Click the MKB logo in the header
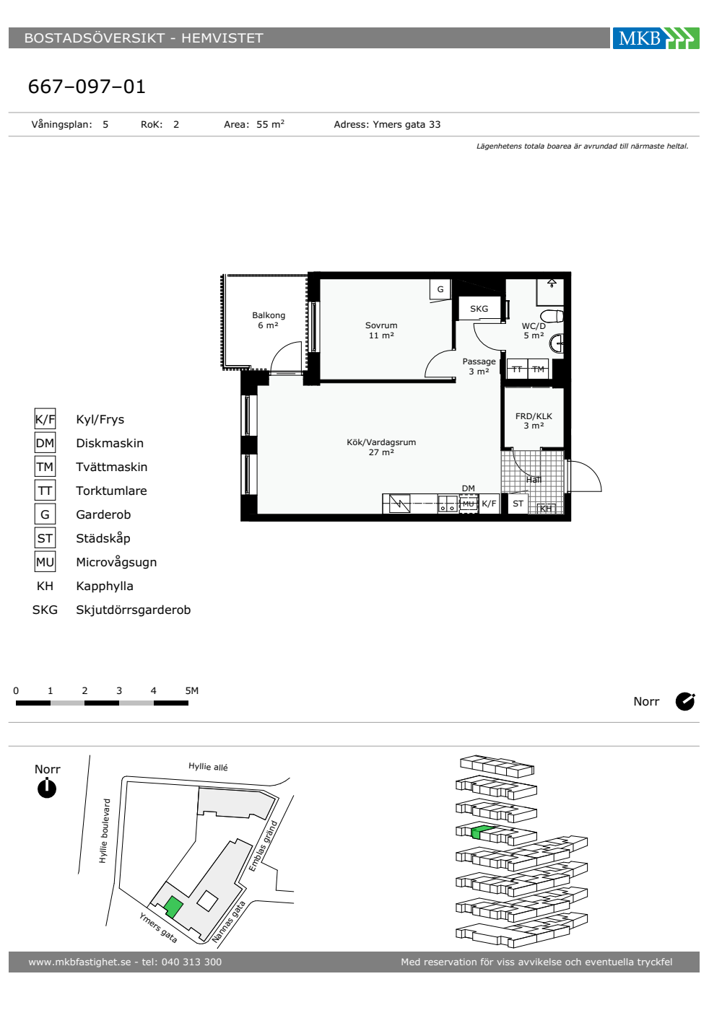click(x=656, y=38)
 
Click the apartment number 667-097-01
click(x=87, y=87)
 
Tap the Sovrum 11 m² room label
click(x=381, y=330)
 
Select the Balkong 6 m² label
click(x=269, y=320)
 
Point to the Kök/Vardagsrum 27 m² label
click(x=381, y=447)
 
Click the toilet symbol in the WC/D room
click(x=552, y=316)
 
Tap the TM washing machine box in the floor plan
click(x=539, y=369)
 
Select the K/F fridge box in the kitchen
click(x=489, y=504)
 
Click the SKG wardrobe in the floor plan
click(x=479, y=309)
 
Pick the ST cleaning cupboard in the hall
click(x=518, y=504)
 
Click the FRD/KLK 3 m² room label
click(x=534, y=421)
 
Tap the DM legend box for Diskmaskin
click(x=45, y=443)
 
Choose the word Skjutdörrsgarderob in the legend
click(x=133, y=610)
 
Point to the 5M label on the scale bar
click(x=192, y=690)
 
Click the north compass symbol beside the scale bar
click(x=685, y=701)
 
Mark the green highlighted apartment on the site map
click(x=173, y=906)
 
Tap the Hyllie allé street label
click(x=208, y=766)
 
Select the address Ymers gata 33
click(x=406, y=124)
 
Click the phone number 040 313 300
click(x=191, y=962)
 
